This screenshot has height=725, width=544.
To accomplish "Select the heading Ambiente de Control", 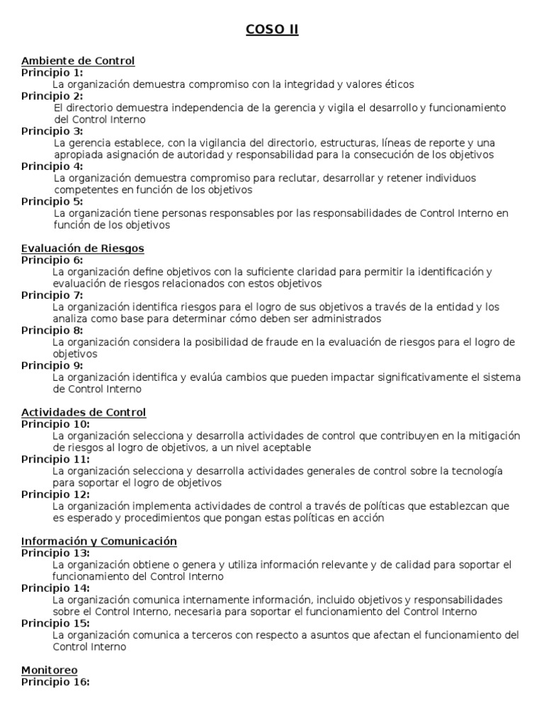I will tap(78, 61).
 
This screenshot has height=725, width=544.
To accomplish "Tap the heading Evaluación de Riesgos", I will tap(83, 249).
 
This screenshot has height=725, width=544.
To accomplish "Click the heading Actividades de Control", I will tap(84, 412).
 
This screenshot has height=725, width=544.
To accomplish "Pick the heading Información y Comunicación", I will tap(98, 541).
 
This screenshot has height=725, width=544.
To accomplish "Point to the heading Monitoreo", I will tap(50, 670).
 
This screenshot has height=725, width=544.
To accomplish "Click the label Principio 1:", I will tap(52, 72).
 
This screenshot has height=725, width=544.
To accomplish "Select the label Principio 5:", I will tap(52, 201).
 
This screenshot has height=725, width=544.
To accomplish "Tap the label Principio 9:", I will tap(52, 365).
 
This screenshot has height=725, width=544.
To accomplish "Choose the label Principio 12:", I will tap(55, 494).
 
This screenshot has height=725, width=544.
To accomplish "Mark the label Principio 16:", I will tap(55, 682).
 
